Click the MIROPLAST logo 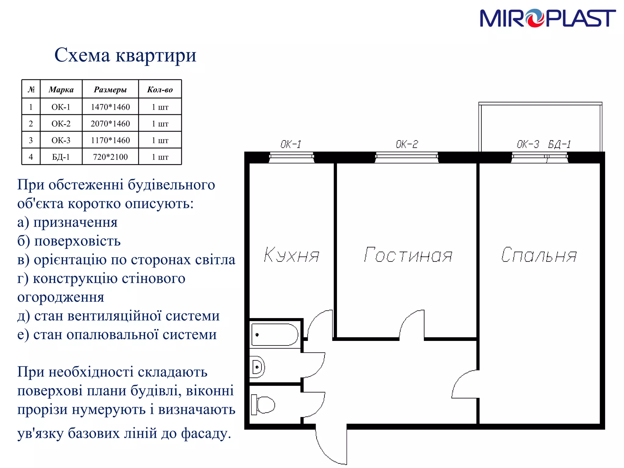click(548, 18)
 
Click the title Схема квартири click(125, 55)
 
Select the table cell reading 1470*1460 click(110, 107)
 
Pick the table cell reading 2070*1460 click(110, 124)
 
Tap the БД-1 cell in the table click(61, 157)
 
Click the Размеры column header click(110, 90)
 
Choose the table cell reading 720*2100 click(110, 157)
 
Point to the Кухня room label click(291, 255)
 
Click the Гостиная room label click(408, 255)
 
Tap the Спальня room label click(539, 255)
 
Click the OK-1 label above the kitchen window click(291, 144)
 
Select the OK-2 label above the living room click(407, 144)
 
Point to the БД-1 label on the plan click(559, 144)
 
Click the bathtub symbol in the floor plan click(275, 335)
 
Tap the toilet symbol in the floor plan click(263, 405)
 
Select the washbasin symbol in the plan click(257, 367)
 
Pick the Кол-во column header click(160, 90)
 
